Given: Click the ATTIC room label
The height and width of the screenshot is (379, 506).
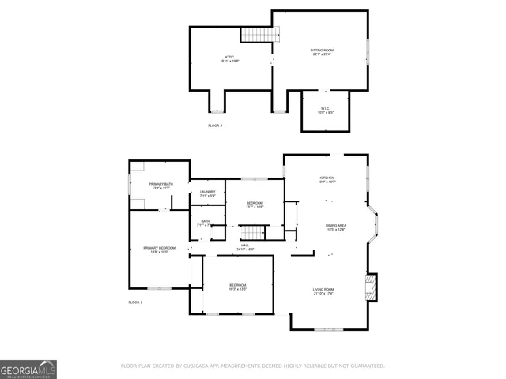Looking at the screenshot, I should click(229, 57).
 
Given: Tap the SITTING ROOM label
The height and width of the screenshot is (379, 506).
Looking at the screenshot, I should click(321, 50).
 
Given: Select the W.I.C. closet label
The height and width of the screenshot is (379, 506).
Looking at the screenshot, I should click(325, 107).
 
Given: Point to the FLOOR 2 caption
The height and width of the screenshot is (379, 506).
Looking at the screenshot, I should click(215, 126).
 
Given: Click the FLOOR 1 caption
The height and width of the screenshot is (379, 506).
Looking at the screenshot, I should click(135, 302).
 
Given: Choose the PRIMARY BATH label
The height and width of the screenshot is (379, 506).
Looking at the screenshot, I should click(160, 185).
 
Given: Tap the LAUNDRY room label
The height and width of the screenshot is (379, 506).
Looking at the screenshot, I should click(207, 192).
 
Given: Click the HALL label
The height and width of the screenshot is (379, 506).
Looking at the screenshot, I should click(245, 246).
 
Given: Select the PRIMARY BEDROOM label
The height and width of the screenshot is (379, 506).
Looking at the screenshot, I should click(159, 249).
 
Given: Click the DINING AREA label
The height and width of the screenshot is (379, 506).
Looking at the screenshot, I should click(336, 227).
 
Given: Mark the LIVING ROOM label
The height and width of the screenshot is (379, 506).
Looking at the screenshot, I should click(323, 290).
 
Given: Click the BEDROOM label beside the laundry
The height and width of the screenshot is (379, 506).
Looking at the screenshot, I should click(254, 203).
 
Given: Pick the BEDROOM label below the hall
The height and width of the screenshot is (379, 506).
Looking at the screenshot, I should click(238, 285).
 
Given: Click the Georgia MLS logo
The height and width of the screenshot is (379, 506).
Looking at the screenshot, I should click(28, 369).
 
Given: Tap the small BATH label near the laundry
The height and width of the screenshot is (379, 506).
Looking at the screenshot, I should click(206, 221).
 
